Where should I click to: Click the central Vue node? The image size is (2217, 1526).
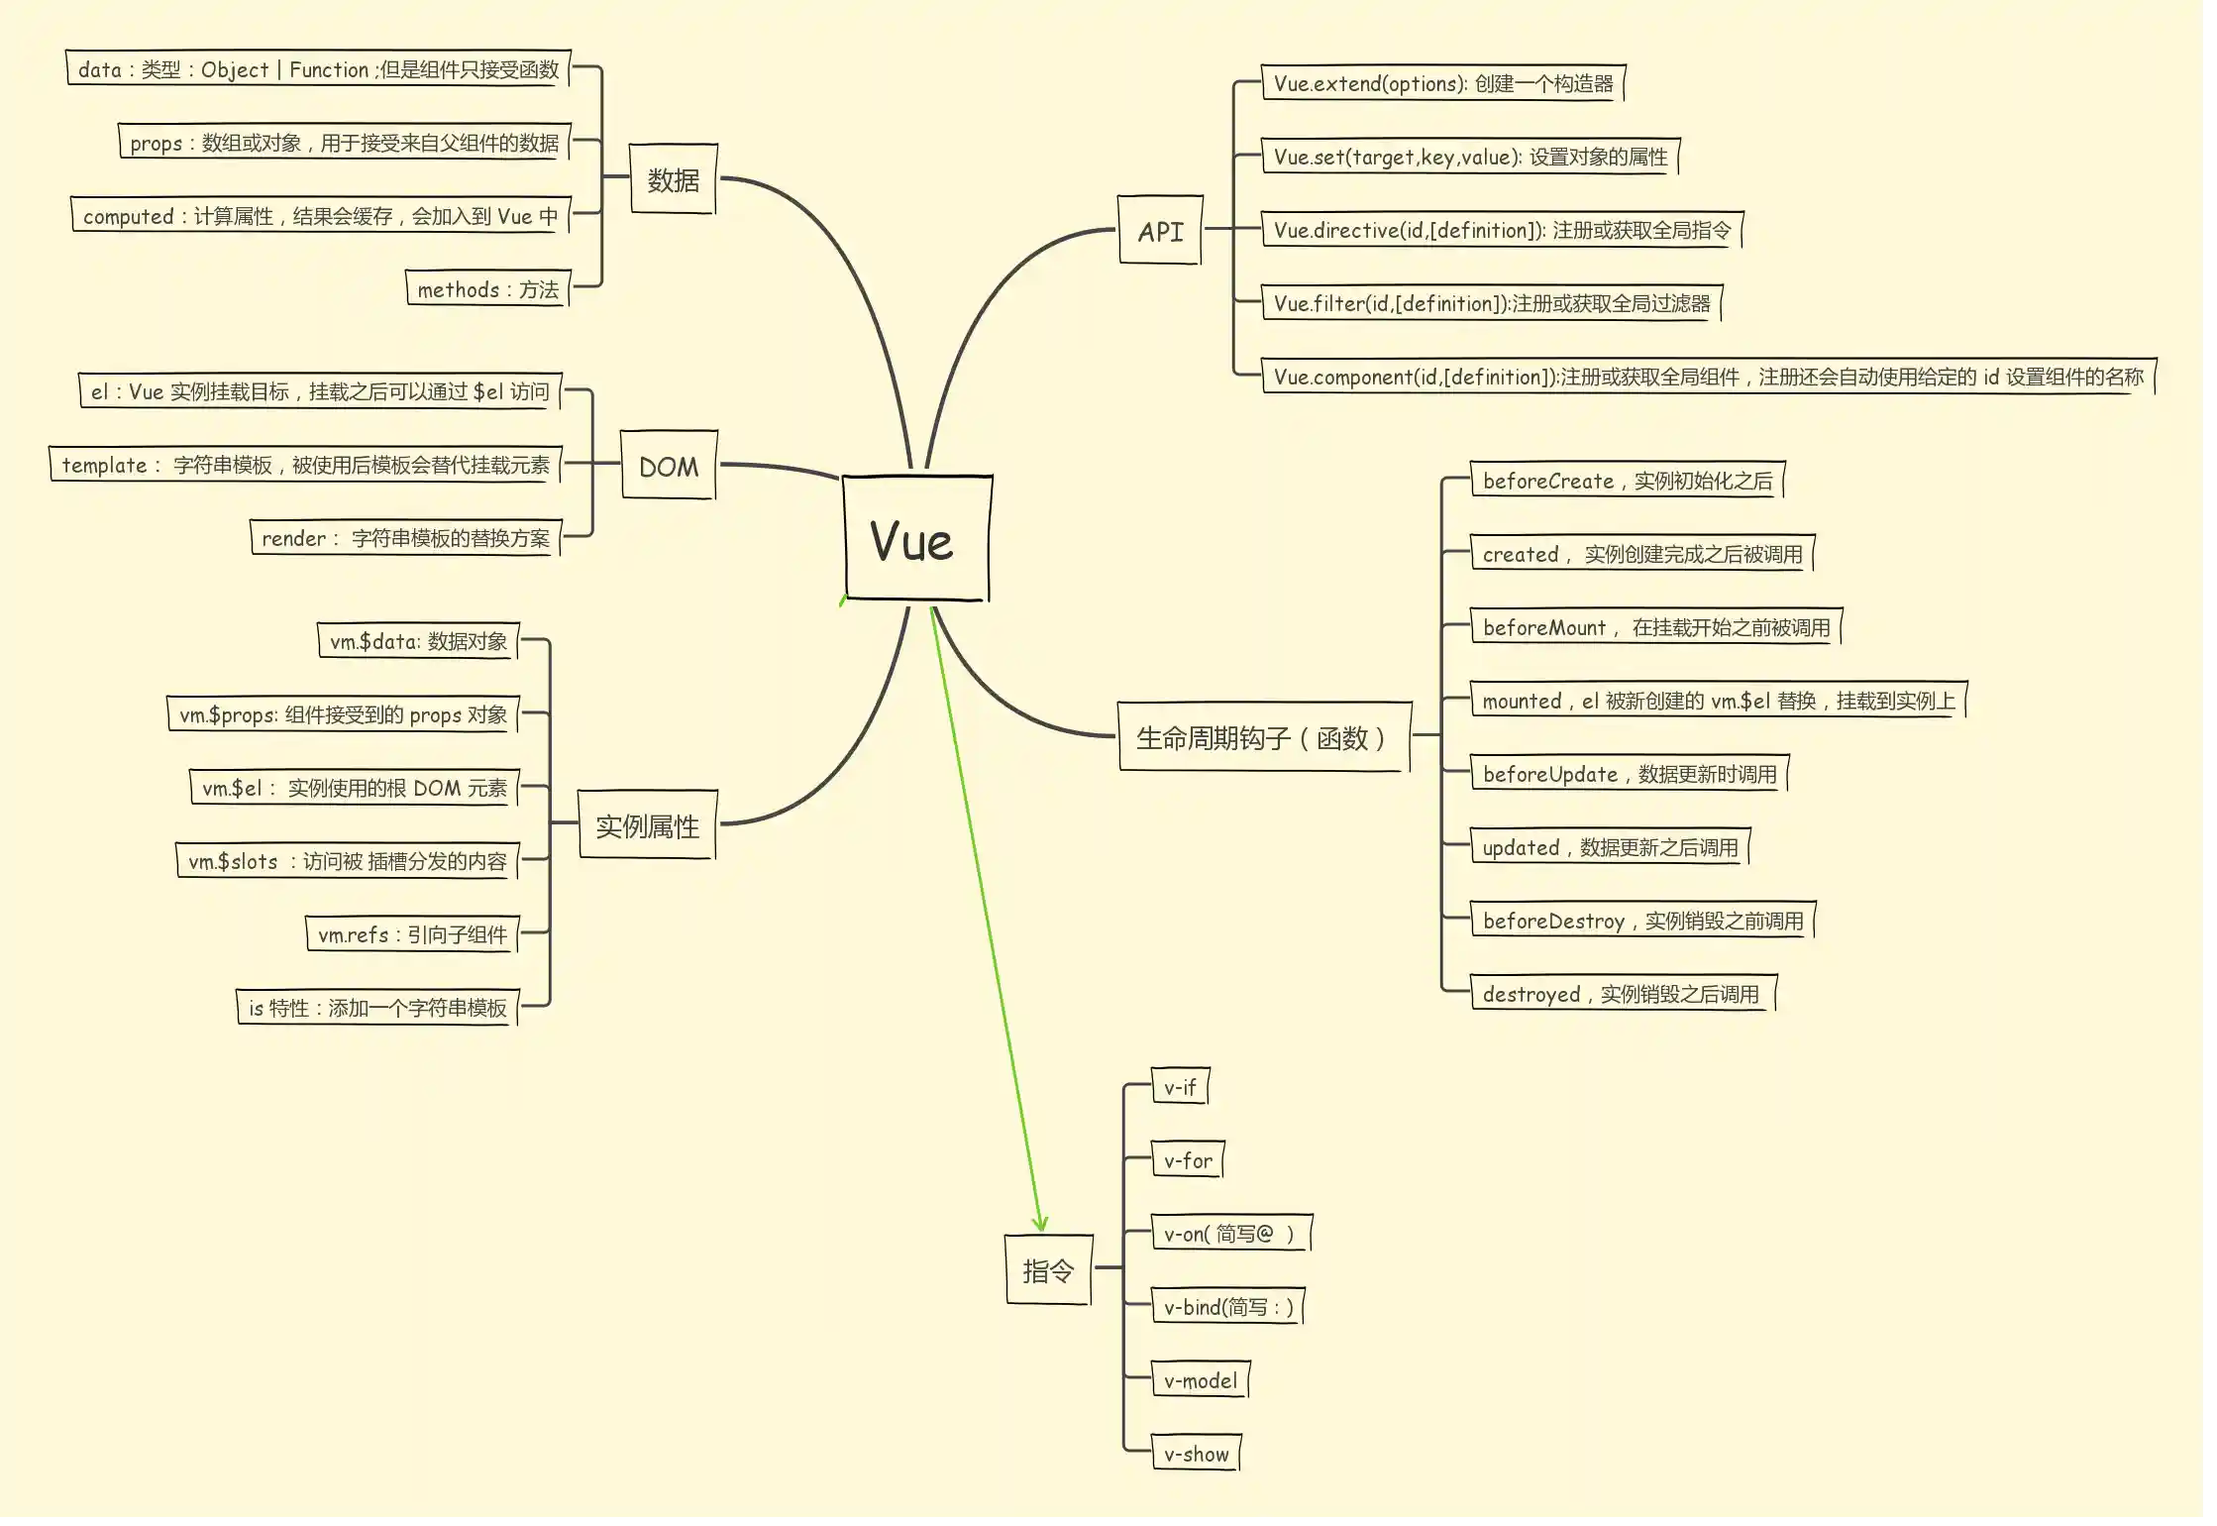(916, 538)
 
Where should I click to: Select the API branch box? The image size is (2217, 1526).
(1160, 231)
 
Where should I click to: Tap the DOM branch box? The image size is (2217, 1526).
(669, 466)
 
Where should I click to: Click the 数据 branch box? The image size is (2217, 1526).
(674, 179)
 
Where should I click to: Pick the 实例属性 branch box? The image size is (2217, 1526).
(647, 825)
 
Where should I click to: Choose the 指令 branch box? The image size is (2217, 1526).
(1048, 1270)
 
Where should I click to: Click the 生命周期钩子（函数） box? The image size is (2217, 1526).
(1263, 737)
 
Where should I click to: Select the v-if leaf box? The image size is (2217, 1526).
(1180, 1087)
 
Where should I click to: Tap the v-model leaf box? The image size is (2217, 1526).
(1201, 1380)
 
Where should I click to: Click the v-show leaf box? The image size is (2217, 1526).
(1196, 1454)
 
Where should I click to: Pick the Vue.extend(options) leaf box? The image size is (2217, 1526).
(1443, 83)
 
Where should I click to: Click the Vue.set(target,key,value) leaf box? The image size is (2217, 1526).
(1470, 157)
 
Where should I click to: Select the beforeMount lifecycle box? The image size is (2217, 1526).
(1655, 627)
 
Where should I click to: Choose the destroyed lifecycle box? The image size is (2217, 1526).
(1622, 994)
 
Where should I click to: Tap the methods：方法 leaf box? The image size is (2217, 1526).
(487, 289)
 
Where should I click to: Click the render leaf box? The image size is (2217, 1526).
(405, 538)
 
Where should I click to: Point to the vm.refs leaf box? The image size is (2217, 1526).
(412, 934)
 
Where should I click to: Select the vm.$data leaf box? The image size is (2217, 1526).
(418, 641)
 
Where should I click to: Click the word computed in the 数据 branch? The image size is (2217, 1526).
(128, 217)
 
